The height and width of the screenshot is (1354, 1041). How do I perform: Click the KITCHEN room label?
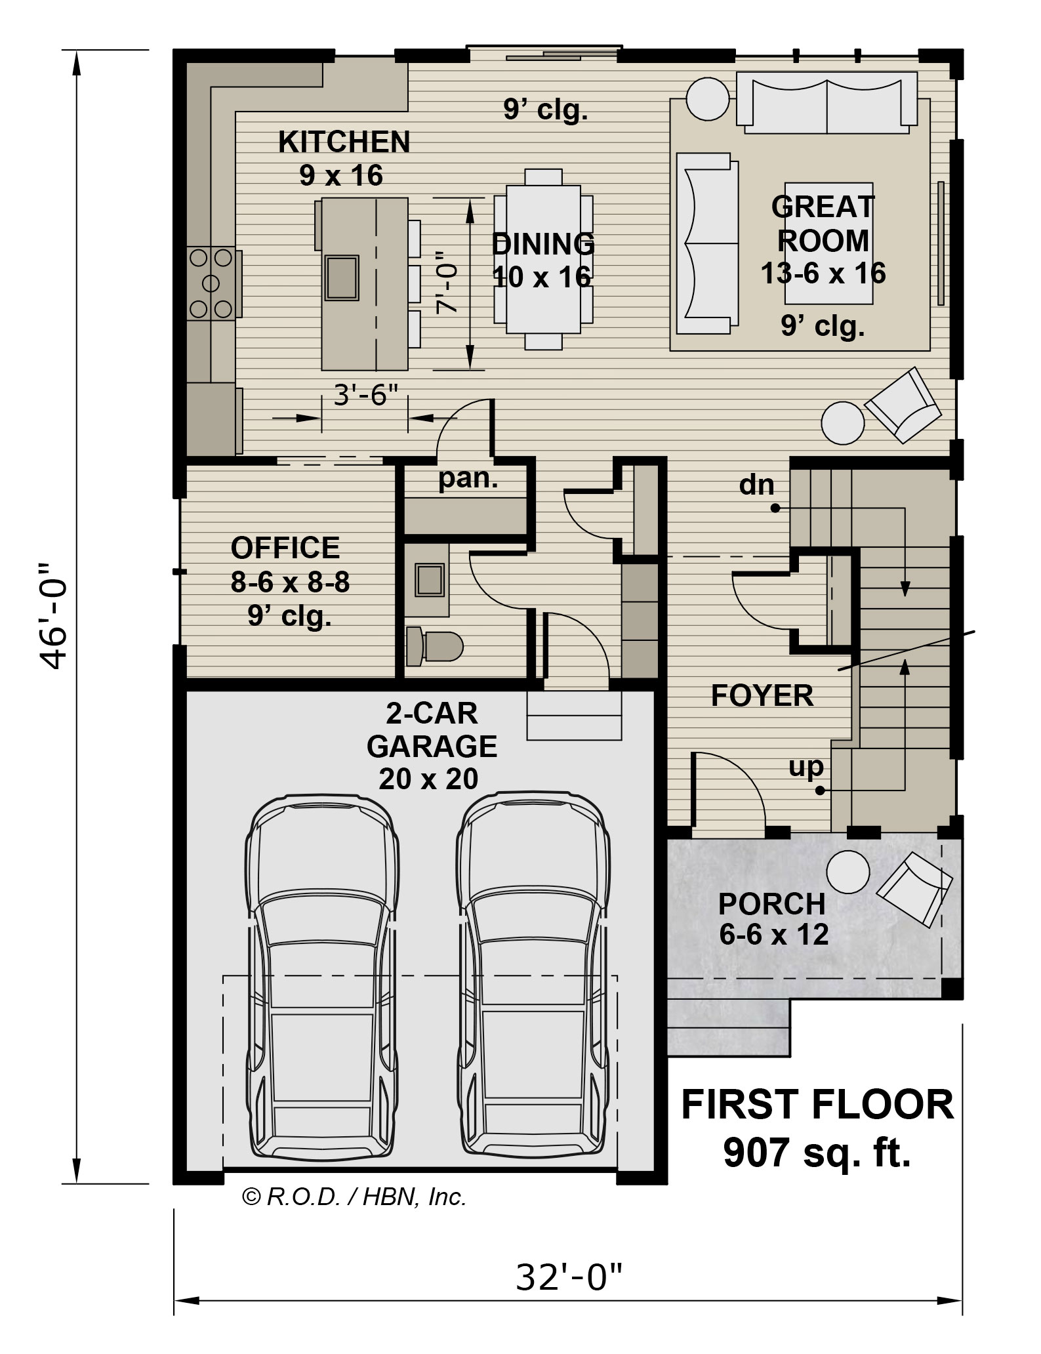(344, 142)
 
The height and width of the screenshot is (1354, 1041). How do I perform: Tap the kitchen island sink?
(342, 277)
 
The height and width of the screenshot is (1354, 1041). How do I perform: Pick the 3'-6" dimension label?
(366, 396)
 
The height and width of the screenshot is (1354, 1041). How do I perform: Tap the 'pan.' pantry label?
(468, 478)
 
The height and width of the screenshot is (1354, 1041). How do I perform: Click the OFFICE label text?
(285, 547)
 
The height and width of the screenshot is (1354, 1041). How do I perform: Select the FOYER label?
(762, 695)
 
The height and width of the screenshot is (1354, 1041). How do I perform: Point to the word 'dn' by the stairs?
(757, 485)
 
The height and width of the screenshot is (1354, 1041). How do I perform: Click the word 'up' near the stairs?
(806, 767)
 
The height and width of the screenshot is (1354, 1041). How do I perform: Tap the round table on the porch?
(848, 872)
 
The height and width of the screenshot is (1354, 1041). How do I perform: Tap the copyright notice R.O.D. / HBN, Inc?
(354, 1198)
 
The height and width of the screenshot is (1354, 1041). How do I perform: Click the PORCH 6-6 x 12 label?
(773, 919)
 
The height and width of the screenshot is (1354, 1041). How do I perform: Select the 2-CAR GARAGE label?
(431, 746)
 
